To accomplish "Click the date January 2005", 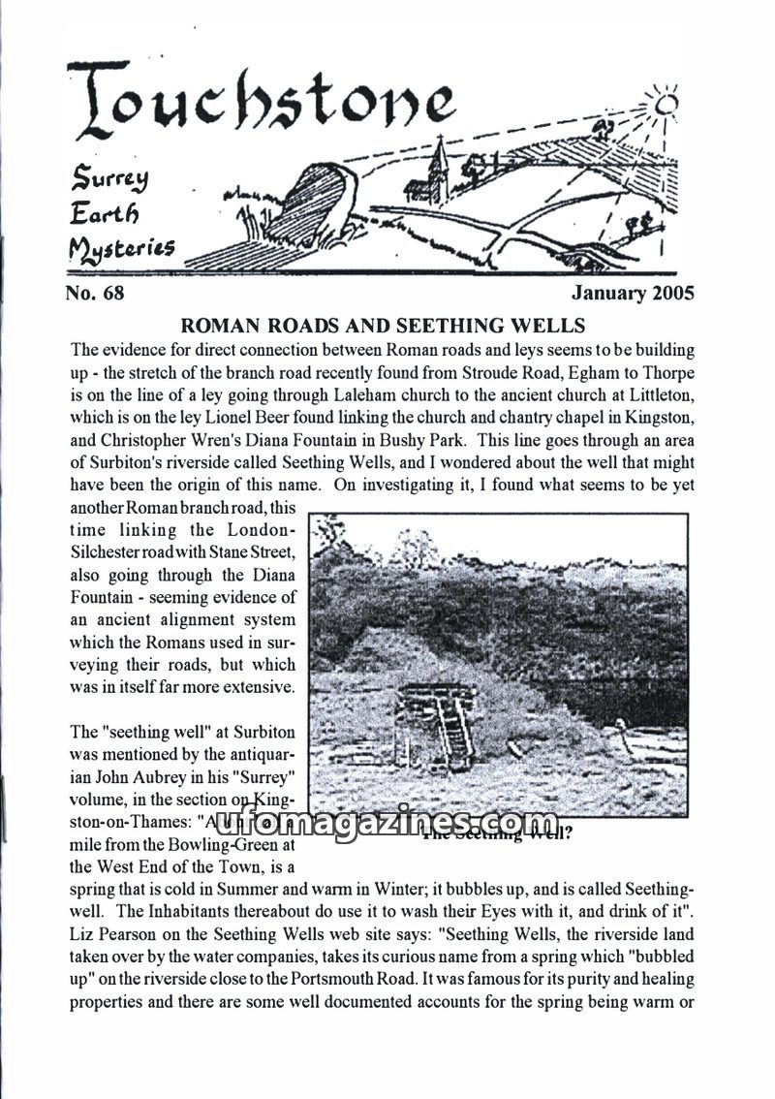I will pyautogui.click(x=633, y=292).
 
